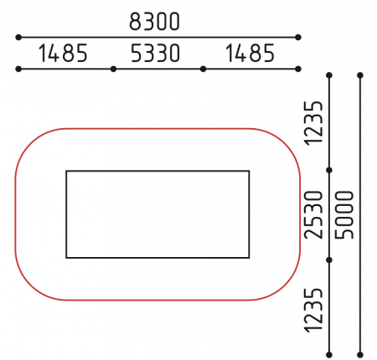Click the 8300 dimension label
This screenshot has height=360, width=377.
pos(154,22)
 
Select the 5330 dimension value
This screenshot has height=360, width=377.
pos(155,53)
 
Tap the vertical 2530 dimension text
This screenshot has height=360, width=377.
pos(313,214)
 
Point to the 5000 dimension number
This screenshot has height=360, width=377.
pos(344,214)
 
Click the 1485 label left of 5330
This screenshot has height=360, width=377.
pos(63,53)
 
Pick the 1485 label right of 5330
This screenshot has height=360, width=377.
pos(250,53)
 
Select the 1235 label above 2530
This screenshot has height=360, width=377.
pos(313,123)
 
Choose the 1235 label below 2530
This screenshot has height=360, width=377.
pos(313,310)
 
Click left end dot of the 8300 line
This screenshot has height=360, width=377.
pos(18,37)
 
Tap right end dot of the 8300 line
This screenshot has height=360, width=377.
pos(298,37)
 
